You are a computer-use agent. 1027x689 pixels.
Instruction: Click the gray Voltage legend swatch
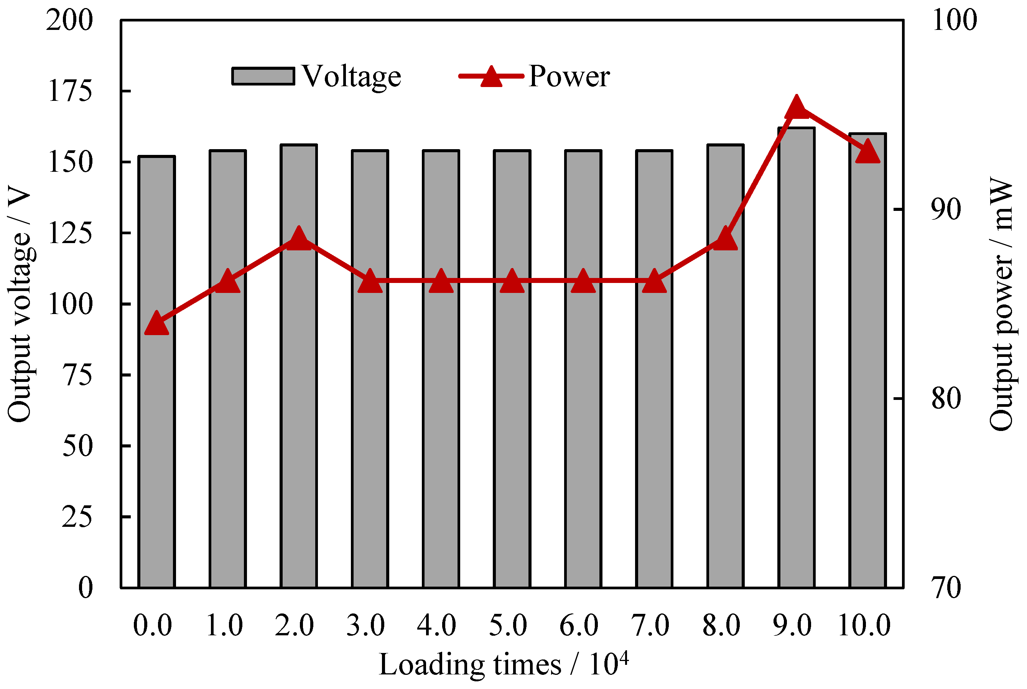(263, 76)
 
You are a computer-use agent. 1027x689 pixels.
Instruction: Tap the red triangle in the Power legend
(491, 77)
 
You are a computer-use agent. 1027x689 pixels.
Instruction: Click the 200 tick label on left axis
(69, 20)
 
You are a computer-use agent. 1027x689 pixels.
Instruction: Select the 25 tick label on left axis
(77, 517)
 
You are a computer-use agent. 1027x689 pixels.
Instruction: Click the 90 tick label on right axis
(946, 209)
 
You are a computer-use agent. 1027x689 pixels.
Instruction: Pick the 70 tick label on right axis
(946, 588)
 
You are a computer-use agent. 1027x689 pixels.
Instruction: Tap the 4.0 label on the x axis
(436, 625)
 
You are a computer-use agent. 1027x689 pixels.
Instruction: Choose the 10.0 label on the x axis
(864, 625)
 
